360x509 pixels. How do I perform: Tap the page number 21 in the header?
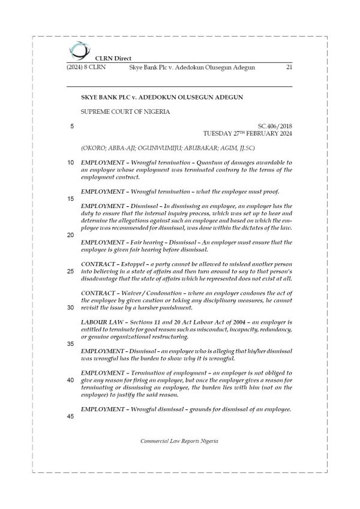coord(289,68)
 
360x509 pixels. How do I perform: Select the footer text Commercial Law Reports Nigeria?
coord(179,441)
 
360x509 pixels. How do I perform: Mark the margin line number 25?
coord(70,271)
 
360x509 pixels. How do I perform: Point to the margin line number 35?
coord(70,344)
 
